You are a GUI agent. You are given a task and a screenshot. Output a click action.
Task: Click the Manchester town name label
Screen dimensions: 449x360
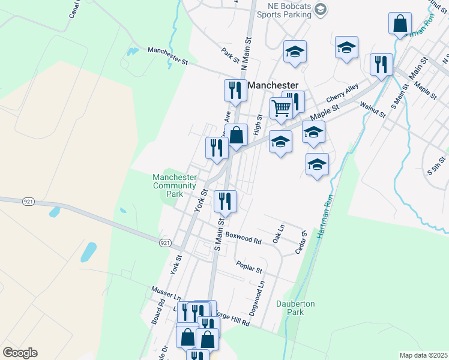click(274, 86)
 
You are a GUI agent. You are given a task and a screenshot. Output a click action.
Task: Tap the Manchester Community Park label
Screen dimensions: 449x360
click(174, 185)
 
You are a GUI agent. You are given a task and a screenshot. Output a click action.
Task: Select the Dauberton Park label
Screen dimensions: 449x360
click(295, 308)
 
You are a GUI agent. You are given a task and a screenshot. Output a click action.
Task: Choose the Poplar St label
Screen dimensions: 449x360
click(250, 265)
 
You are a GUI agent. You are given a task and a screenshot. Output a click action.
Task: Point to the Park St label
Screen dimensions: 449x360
click(231, 56)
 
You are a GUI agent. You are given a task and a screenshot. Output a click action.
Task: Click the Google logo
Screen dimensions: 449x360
click(20, 353)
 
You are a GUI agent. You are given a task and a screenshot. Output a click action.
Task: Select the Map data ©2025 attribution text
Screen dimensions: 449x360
click(423, 355)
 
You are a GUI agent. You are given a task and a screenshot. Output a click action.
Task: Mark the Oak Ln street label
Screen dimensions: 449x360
click(277, 233)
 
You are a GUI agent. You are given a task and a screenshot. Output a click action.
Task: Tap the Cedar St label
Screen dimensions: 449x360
click(301, 242)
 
